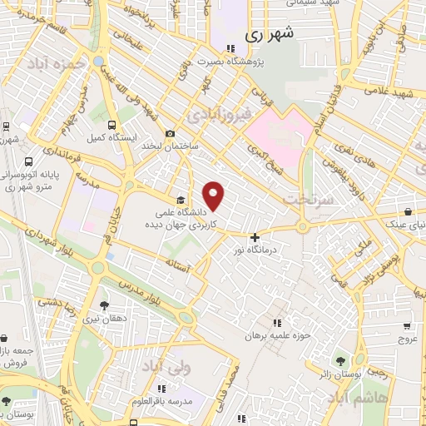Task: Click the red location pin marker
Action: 214,196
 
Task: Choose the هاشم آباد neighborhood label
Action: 380,399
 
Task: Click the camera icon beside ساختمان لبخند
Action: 171,133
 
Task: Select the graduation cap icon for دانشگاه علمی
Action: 181,200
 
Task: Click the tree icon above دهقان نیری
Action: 103,306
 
